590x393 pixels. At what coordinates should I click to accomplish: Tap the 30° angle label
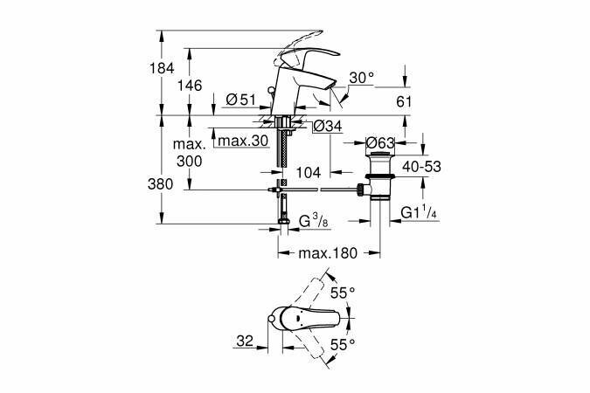click(x=360, y=78)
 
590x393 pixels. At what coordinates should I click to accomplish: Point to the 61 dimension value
click(x=404, y=101)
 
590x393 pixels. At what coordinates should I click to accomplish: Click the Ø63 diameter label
click(x=381, y=141)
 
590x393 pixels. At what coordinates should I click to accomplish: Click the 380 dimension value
click(x=173, y=184)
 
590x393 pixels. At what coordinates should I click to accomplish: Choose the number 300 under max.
click(x=189, y=162)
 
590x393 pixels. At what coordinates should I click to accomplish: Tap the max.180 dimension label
click(x=328, y=253)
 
